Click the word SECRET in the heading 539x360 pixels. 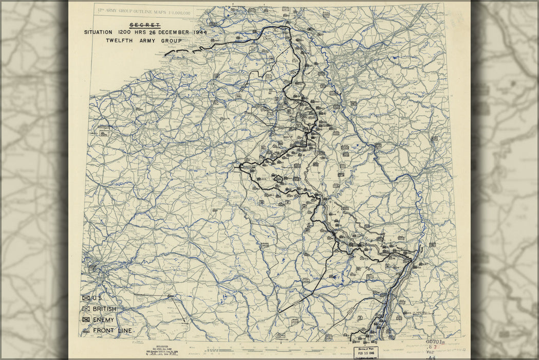tap(145, 25)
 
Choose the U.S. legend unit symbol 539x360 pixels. tap(86, 298)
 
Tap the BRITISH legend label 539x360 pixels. tap(104, 309)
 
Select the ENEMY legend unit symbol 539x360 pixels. tap(86, 320)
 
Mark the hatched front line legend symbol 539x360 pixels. tap(86, 331)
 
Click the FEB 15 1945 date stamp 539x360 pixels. tap(365, 353)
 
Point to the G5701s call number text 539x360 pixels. tap(436, 341)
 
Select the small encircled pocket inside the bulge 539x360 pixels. tap(278, 178)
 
